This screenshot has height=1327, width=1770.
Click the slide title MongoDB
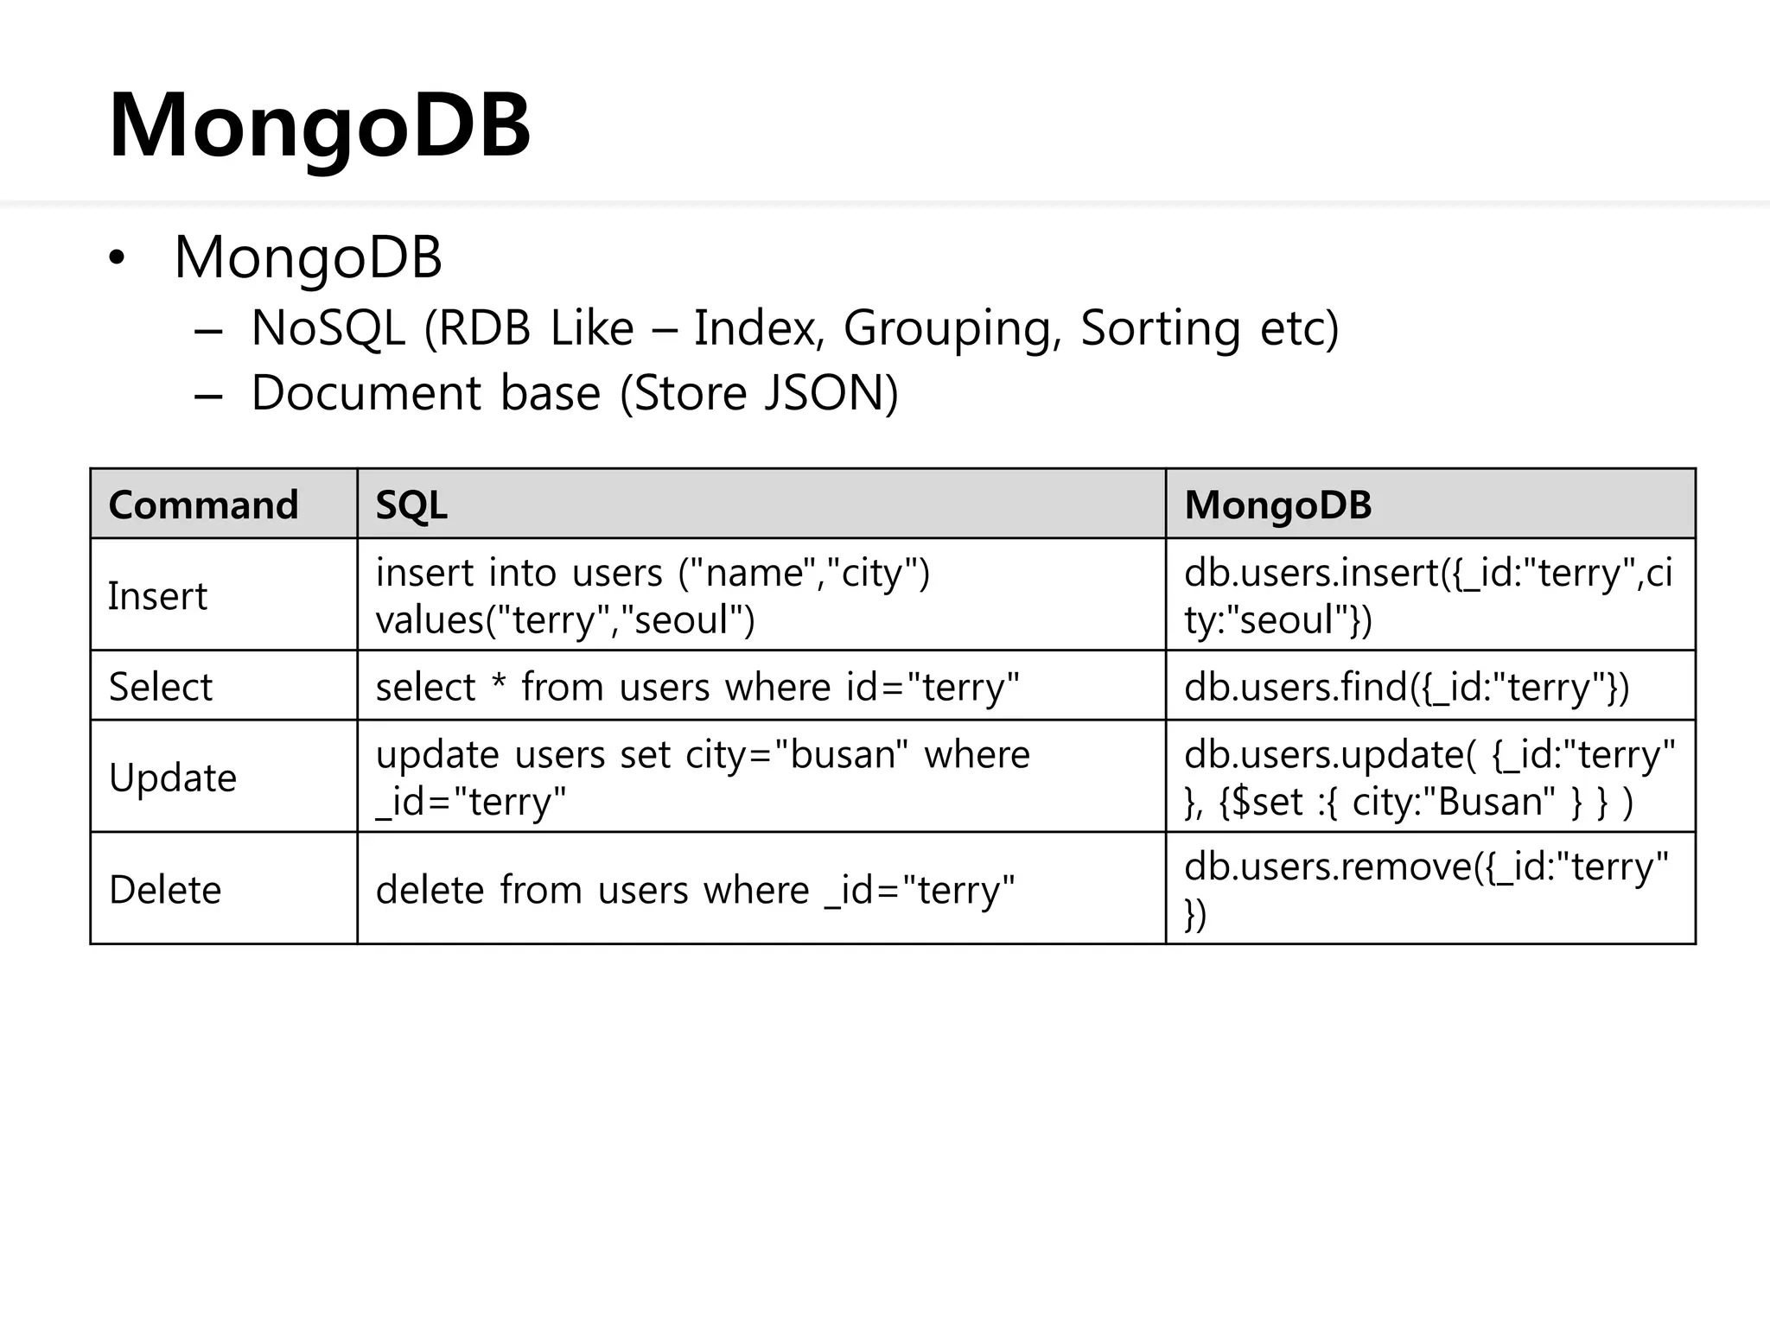[319, 126]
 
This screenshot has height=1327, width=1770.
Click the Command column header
[203, 505]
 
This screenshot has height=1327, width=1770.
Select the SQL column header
[411, 505]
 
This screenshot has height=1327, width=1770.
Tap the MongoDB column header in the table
[1277, 505]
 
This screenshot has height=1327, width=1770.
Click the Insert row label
[157, 596]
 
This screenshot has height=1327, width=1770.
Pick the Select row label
[160, 687]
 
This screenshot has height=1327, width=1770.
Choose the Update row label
[172, 778]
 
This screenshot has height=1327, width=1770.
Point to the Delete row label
[165, 890]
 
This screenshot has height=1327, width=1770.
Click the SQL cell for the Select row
[697, 687]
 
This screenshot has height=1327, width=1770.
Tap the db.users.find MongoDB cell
[1406, 687]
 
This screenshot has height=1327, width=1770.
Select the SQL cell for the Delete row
[695, 890]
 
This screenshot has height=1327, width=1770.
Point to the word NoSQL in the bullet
[328, 328]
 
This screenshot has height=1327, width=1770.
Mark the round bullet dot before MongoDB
[117, 258]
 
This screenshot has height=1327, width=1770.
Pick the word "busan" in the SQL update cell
[842, 754]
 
